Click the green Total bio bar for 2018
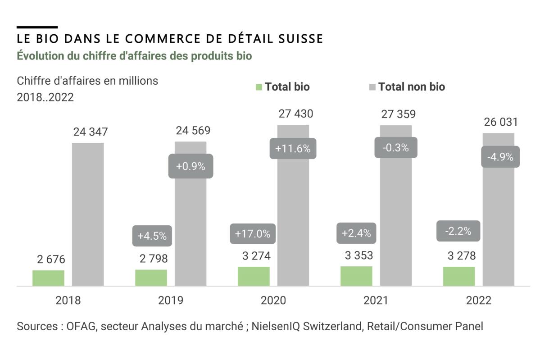(48, 278)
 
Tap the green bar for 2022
(459, 276)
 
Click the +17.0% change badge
(252, 234)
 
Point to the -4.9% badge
(500, 157)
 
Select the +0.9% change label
(191, 166)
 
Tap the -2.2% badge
(458, 232)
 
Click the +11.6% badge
(293, 148)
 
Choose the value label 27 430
(295, 114)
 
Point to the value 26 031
(500, 122)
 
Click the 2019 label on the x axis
(171, 301)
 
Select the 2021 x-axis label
(376, 301)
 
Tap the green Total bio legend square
(259, 87)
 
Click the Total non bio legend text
(411, 87)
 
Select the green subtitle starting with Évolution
(134, 56)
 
